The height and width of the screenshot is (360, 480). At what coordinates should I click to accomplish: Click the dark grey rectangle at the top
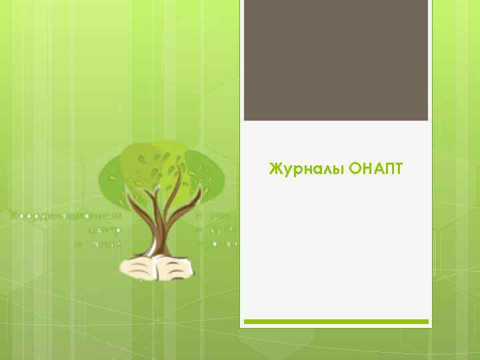click(x=335, y=60)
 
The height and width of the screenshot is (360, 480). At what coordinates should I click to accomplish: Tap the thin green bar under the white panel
click(x=335, y=321)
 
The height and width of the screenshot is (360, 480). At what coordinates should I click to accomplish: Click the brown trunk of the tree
click(x=160, y=230)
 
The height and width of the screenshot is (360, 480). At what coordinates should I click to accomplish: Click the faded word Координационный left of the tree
click(x=67, y=216)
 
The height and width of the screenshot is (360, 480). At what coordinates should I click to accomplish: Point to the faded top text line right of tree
click(x=213, y=216)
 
